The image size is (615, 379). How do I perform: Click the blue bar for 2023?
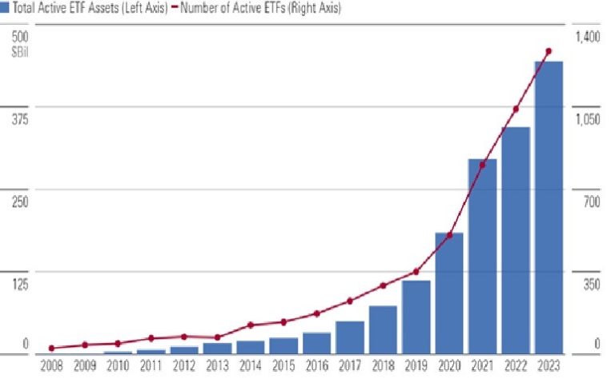click(x=549, y=207)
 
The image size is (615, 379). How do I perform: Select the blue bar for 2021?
click(x=482, y=256)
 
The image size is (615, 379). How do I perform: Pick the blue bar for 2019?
click(x=416, y=317)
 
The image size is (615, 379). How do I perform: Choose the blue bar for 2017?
click(x=350, y=337)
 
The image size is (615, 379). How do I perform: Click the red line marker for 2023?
click(x=549, y=51)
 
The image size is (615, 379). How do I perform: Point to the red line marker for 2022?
click(x=516, y=109)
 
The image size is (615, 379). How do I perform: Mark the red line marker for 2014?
click(x=251, y=325)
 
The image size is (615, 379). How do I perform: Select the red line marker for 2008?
click(x=51, y=348)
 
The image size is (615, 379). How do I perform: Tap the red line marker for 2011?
click(x=151, y=338)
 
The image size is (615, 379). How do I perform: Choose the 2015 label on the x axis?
click(x=283, y=365)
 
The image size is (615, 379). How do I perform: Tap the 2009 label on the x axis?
click(x=84, y=365)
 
